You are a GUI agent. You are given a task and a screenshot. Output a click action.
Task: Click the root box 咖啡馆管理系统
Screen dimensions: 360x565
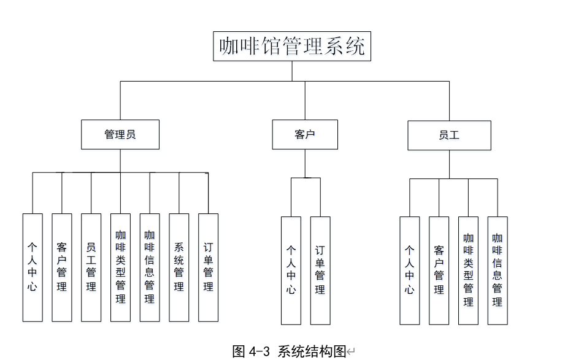292,46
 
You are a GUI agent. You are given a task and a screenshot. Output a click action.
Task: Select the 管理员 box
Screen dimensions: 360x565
120,134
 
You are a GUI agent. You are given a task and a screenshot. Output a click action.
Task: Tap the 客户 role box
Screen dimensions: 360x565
305,134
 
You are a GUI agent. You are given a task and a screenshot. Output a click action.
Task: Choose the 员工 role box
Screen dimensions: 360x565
449,135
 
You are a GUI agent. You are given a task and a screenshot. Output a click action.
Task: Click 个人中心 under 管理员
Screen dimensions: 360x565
33,267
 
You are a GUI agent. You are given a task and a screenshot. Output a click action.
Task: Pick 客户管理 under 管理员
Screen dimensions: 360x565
62,267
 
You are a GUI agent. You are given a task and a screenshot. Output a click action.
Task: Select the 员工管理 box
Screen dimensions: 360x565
91,267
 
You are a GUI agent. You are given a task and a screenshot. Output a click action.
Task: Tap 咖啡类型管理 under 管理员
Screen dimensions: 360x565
120,267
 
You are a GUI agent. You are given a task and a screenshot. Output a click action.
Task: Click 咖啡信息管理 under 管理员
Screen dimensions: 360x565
150,267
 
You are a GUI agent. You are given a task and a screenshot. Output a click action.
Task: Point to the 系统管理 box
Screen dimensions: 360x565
179,267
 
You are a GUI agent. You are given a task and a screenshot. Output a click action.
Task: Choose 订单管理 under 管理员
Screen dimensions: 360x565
208,267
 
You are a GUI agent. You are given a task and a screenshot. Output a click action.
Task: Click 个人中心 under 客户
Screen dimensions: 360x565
291,270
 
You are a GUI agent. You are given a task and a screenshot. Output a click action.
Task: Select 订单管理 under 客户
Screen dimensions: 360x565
320,270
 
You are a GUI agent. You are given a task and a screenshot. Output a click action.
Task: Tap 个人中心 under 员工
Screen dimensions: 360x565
410,270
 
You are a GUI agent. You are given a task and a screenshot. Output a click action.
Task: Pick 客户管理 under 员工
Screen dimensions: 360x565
439,270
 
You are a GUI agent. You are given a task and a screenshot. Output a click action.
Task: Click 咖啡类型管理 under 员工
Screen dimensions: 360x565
468,270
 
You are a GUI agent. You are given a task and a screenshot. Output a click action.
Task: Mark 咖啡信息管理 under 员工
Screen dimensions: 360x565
498,270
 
